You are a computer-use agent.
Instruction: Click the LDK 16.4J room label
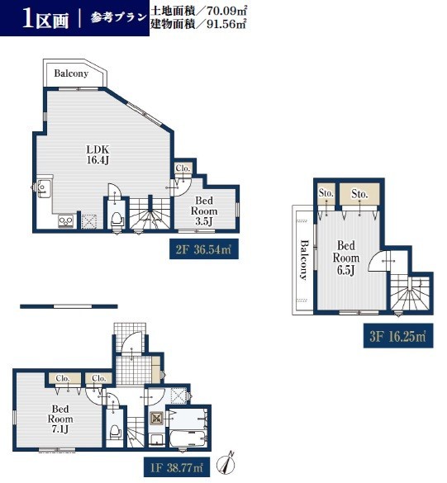click(x=97, y=154)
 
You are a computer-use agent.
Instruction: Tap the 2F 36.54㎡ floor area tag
click(x=204, y=249)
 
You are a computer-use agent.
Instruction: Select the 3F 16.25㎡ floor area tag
click(x=398, y=336)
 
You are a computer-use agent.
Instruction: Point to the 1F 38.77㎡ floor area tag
click(x=177, y=468)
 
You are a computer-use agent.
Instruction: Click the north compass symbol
click(x=226, y=463)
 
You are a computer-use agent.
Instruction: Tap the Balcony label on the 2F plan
click(x=71, y=73)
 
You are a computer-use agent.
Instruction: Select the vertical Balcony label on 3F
click(x=304, y=260)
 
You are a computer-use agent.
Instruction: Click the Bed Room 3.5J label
click(x=204, y=211)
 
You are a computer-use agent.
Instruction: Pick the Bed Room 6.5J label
click(x=346, y=258)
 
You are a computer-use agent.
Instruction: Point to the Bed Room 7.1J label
click(x=60, y=419)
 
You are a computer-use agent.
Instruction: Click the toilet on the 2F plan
click(x=117, y=220)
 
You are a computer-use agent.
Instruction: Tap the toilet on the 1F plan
click(x=115, y=433)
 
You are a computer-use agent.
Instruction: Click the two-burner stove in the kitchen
click(x=66, y=221)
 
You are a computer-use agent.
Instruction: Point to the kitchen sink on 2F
click(x=44, y=187)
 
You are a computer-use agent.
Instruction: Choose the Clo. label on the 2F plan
click(x=183, y=168)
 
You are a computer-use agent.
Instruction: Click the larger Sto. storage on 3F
click(x=359, y=194)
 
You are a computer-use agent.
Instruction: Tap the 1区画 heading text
click(x=45, y=20)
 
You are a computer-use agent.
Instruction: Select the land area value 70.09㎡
click(x=226, y=11)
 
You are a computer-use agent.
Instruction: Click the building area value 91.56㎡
click(x=226, y=24)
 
